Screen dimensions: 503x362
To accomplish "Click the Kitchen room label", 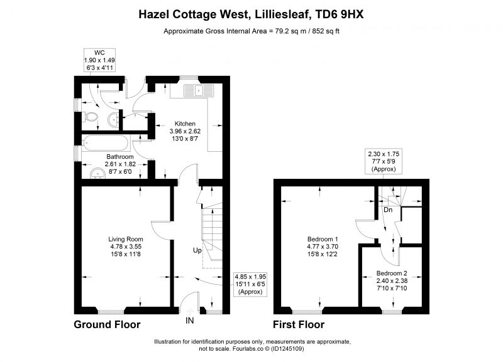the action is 185,124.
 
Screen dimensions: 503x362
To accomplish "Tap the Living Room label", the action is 126,239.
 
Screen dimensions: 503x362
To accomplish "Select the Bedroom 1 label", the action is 323,239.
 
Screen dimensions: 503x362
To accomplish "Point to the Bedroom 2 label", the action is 392,274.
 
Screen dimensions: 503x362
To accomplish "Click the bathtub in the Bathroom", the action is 106,143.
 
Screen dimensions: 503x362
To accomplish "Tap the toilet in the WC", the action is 91,117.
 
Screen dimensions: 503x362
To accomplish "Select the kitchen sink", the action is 199,90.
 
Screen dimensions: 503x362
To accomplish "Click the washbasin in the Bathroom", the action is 97,174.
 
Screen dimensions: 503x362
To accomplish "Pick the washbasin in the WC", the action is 113,119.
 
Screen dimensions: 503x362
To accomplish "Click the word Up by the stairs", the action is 197,250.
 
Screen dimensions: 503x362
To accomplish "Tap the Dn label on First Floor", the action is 388,210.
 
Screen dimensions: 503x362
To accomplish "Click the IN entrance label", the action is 190,321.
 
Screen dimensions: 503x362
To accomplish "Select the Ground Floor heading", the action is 107,324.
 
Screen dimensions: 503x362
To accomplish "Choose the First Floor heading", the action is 299,324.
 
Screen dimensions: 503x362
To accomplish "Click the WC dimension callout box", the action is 99,60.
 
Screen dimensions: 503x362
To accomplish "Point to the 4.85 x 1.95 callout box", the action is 250,284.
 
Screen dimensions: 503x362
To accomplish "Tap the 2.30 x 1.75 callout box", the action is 384,161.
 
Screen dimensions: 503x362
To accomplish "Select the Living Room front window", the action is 111,312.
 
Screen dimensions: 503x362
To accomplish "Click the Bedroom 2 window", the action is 392,312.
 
